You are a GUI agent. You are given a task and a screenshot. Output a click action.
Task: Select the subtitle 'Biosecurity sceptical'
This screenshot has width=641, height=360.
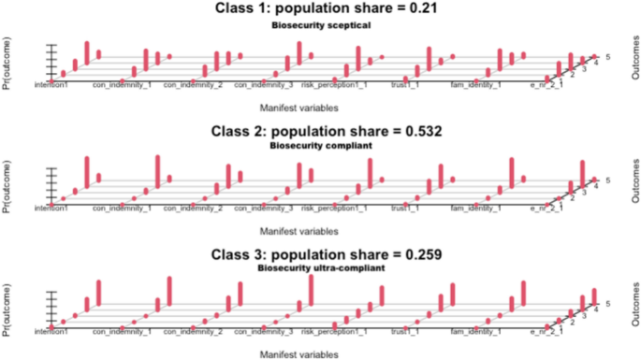pos(321,25)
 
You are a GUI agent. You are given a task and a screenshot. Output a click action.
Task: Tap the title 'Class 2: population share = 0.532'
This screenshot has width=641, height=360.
pos(321,132)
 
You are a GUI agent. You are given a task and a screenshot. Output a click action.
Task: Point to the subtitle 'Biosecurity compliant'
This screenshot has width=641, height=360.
pos(321,146)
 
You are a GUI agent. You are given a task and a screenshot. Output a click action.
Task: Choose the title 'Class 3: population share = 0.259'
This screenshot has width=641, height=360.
pos(321,253)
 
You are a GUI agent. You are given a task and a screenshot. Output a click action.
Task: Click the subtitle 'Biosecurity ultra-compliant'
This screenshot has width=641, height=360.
pos(321,268)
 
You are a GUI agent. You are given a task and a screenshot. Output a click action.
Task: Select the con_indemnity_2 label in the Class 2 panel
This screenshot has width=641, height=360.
pos(195,207)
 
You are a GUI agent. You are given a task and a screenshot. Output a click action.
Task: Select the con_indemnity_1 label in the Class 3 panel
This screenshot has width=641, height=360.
pos(122,331)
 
